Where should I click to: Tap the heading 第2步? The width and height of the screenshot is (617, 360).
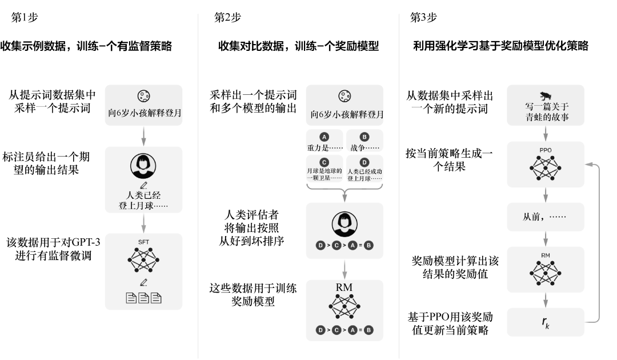click(227, 18)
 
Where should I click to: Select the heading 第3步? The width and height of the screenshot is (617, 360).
click(423, 18)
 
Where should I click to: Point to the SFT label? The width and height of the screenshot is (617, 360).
click(143, 242)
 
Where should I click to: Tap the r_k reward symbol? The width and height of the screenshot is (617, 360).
click(546, 323)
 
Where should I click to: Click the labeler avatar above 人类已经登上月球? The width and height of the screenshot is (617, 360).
click(143, 165)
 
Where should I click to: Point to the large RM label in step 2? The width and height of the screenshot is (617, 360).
click(344, 286)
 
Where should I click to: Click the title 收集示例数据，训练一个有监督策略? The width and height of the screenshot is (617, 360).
click(86, 46)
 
